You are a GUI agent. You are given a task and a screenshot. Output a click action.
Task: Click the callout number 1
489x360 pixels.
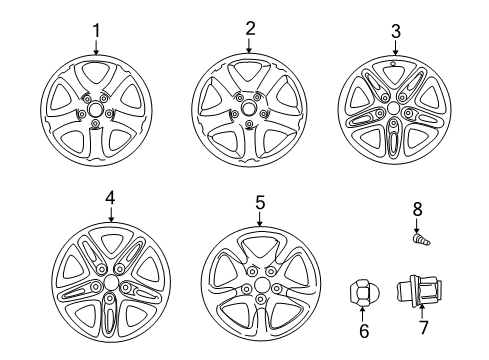point(97,29)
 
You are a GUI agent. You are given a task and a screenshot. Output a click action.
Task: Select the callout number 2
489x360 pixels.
point(251,29)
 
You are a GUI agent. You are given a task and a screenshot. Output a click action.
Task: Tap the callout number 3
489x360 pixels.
point(395,32)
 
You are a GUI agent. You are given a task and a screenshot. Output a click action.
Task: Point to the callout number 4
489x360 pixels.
point(110,199)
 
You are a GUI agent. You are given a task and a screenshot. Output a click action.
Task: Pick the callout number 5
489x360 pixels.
point(260,203)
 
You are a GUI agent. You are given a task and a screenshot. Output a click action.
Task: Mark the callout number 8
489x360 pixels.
point(417,209)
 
